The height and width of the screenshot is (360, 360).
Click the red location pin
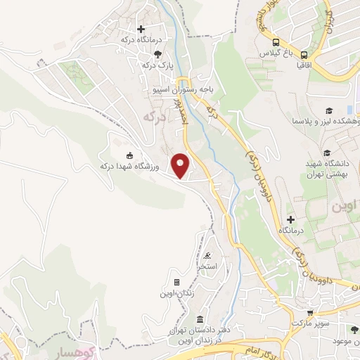click(181, 165)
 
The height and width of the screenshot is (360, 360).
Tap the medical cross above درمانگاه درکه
click(141, 29)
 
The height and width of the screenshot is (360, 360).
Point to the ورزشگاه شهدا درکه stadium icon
click(129, 155)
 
